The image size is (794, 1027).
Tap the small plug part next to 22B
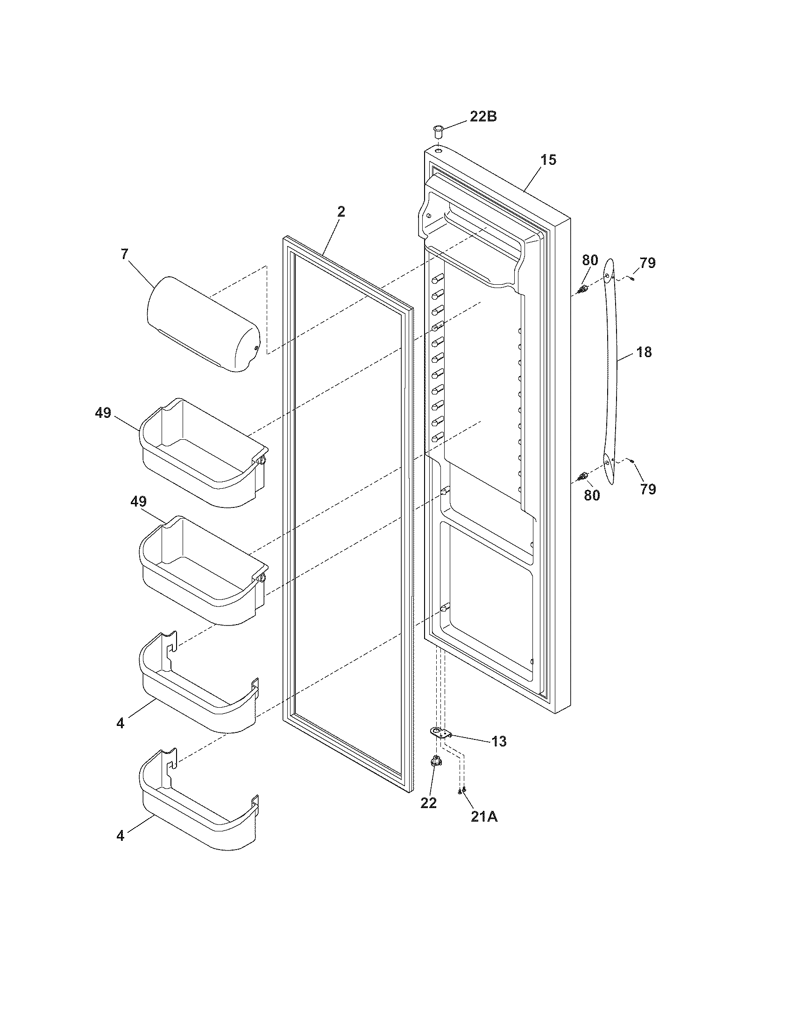tap(439, 130)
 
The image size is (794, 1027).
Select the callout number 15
tap(548, 160)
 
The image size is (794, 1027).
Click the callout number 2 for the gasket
tap(341, 211)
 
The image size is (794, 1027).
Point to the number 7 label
tap(124, 254)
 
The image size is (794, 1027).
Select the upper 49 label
tap(103, 413)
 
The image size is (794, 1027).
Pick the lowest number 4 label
tap(121, 836)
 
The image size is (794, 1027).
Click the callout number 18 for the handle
tap(644, 352)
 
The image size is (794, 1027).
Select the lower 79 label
tap(648, 490)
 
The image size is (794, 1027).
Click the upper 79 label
tap(648, 263)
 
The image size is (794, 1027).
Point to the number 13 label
tap(499, 742)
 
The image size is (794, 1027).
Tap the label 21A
tap(484, 817)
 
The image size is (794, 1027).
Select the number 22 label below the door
tap(428, 803)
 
